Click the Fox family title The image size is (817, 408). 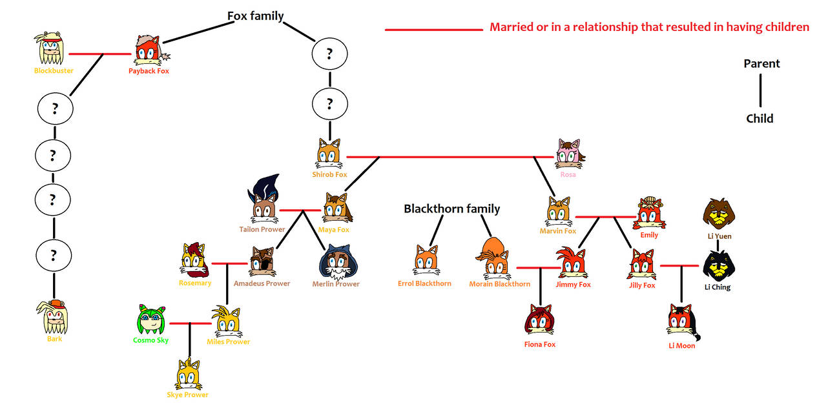pyautogui.click(x=255, y=16)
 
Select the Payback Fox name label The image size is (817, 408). pyautogui.click(x=149, y=71)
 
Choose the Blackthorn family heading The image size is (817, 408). pyautogui.click(x=451, y=209)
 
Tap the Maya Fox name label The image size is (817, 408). pyautogui.click(x=335, y=230)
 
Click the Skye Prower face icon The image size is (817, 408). pyautogui.click(x=188, y=374)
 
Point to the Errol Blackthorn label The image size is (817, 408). pyautogui.click(x=424, y=283)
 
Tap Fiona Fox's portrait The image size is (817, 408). pyautogui.click(x=539, y=321)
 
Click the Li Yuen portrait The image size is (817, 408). pyautogui.click(x=719, y=214)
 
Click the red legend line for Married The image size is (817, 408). pyautogui.click(x=433, y=29)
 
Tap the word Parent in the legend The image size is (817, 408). pyautogui.click(x=761, y=63)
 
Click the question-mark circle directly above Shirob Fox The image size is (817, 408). pyautogui.click(x=330, y=103)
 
